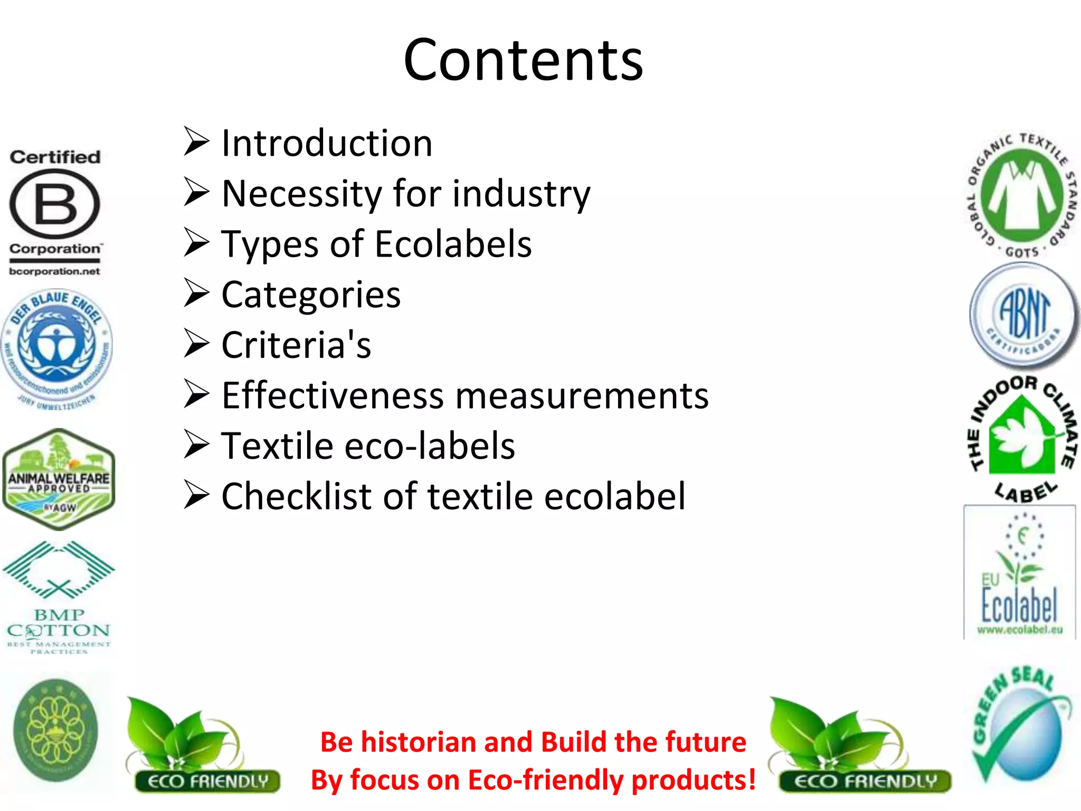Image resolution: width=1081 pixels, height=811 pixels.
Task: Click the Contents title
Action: click(x=523, y=60)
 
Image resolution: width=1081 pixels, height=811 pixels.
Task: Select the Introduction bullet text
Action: click(x=327, y=143)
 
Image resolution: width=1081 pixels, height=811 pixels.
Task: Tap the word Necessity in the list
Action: click(x=301, y=194)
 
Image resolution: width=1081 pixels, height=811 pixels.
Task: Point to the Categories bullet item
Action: click(x=311, y=295)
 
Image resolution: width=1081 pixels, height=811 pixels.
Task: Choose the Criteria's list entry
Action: click(x=296, y=345)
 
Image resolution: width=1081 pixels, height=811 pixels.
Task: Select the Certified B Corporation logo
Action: click(x=55, y=211)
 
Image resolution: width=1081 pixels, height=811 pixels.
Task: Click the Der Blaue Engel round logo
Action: click(x=56, y=348)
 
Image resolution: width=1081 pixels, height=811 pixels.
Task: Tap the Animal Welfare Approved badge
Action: click(x=59, y=479)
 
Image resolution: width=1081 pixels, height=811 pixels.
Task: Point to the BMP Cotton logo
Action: click(x=59, y=597)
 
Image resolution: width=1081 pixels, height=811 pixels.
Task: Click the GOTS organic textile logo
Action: click(x=1022, y=195)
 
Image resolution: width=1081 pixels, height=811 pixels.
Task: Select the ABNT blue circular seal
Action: click(x=1024, y=316)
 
